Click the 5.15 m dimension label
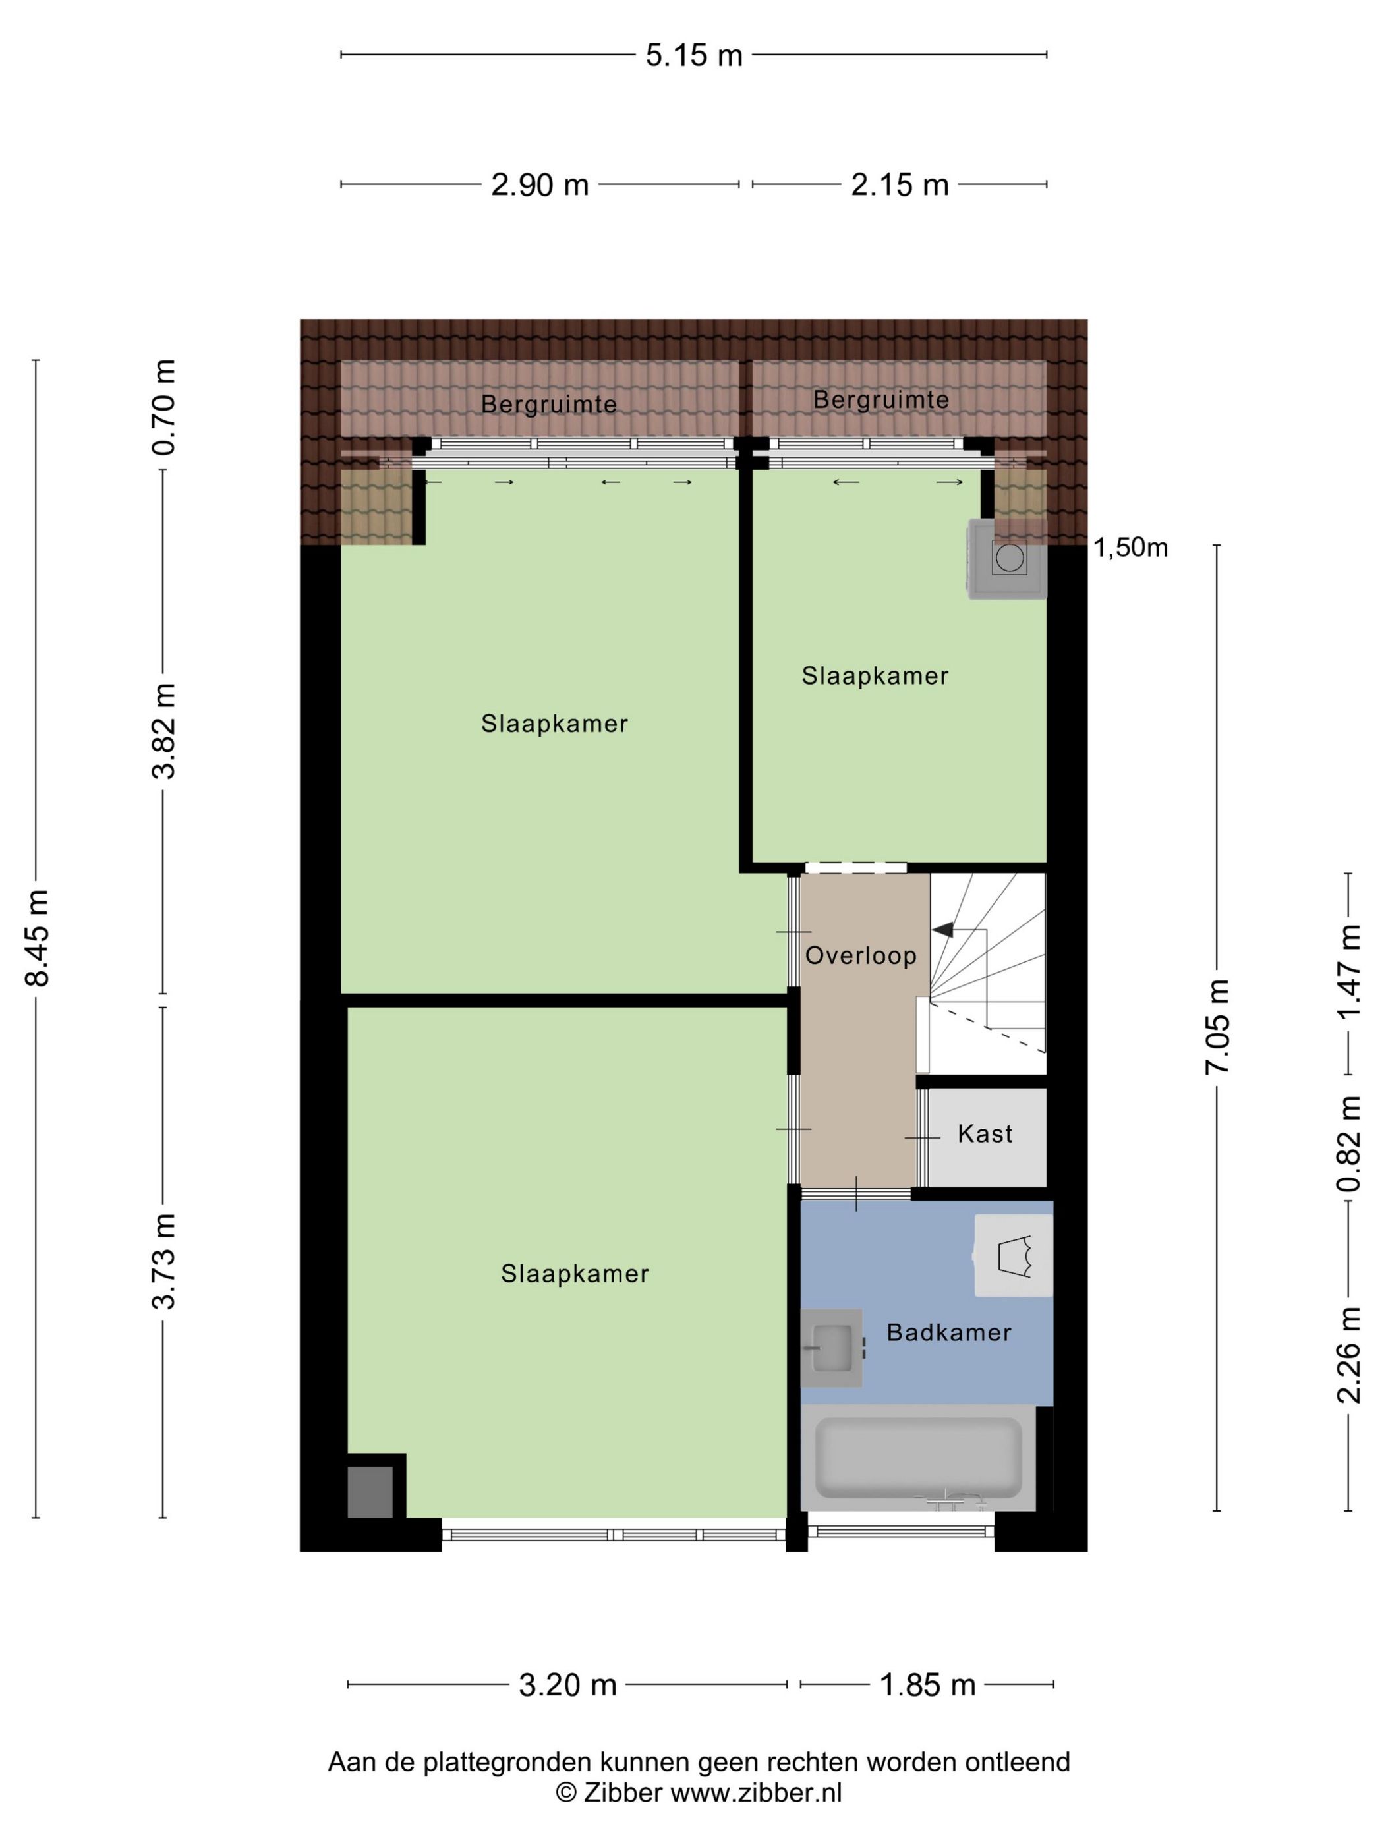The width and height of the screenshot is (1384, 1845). [693, 55]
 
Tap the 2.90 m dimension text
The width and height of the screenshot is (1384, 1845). [540, 184]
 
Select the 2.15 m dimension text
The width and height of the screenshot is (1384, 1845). [900, 184]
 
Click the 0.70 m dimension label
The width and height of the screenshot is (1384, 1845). [163, 407]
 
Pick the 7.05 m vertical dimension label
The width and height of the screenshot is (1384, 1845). [1217, 1026]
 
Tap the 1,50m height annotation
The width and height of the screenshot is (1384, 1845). [1130, 548]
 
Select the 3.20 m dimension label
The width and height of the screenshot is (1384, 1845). [567, 1685]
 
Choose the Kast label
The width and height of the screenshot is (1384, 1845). [985, 1133]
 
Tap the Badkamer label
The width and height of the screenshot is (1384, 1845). [948, 1332]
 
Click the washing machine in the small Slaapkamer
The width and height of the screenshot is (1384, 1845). [1007, 558]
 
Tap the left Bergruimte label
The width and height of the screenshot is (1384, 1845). [549, 405]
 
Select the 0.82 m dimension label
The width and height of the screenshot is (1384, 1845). [1349, 1143]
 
